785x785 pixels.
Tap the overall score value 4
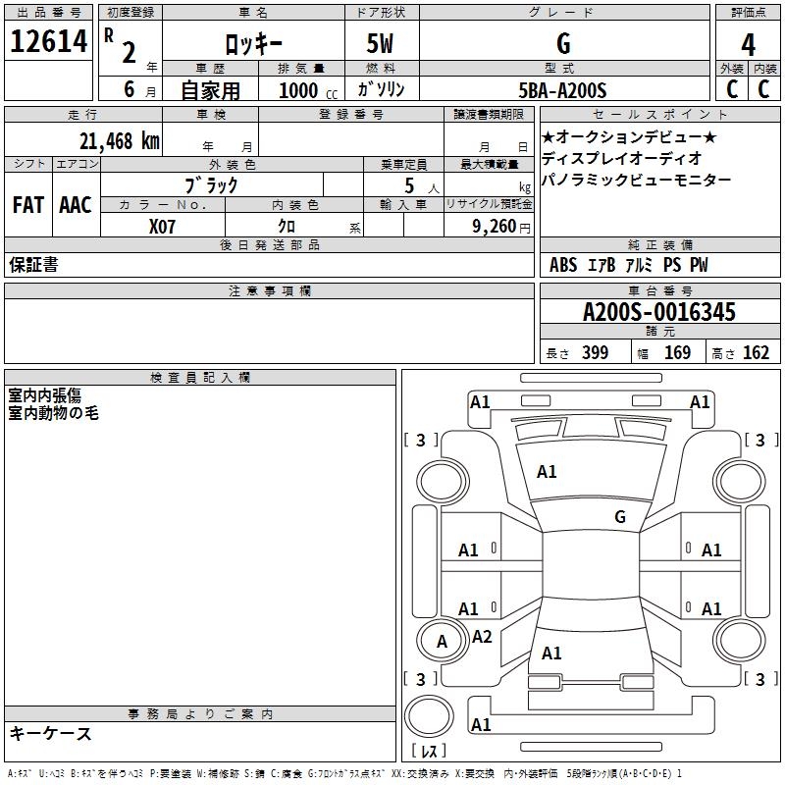749,45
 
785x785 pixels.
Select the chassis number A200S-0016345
658,312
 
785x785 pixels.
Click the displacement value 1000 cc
307,90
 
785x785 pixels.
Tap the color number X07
163,226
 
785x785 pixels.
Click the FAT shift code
28,205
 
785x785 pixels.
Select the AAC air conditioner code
76,205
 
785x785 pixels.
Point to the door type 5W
382,45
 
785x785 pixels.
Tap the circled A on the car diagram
442,642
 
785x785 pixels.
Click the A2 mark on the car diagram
482,637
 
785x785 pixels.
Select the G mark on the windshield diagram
619,517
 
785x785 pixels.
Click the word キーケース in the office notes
51,733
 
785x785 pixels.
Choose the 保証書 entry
33,265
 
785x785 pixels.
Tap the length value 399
595,353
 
